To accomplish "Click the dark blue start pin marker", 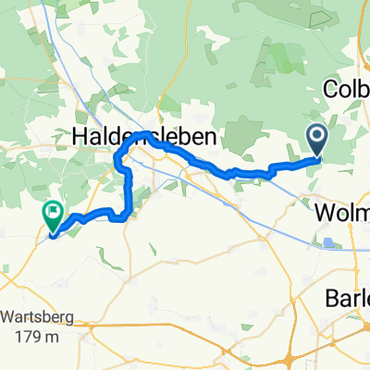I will [x=316, y=142].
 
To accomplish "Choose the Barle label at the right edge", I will [x=347, y=298].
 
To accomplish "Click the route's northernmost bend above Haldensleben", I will [x=144, y=135].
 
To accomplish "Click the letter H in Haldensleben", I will [x=80, y=136].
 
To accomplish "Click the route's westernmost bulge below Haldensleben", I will [x=117, y=165].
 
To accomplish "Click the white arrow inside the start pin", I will [x=316, y=139].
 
